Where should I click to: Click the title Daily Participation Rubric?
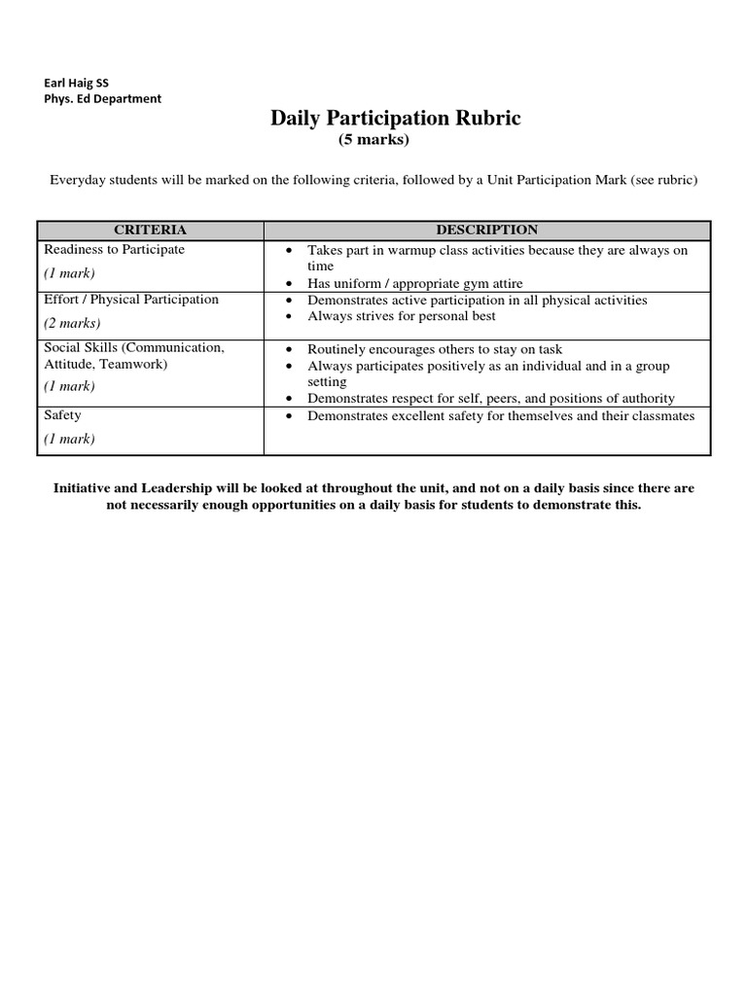[396, 119]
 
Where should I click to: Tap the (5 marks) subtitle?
[374, 140]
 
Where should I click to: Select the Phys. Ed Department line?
[103, 98]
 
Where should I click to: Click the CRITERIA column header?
[150, 231]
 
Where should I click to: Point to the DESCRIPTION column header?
[486, 231]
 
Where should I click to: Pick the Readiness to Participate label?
[115, 250]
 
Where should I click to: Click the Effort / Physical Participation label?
[131, 300]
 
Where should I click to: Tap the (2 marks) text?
[72, 323]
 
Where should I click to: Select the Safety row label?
[63, 415]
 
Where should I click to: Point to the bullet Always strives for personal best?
[402, 316]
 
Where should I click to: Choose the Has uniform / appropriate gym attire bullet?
[415, 283]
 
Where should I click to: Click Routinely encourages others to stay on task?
[435, 349]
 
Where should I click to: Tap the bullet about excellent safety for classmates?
[501, 416]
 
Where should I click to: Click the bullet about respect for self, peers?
[491, 399]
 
